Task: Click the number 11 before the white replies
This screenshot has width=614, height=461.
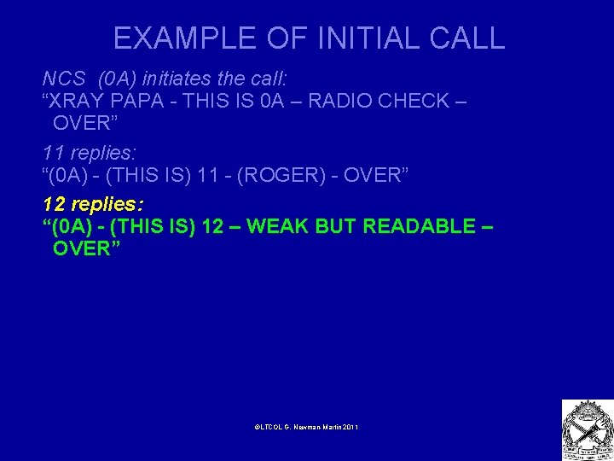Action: [x=53, y=154]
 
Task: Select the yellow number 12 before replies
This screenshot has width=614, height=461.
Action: [x=54, y=205]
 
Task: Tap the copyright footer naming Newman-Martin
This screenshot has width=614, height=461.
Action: [x=306, y=425]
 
